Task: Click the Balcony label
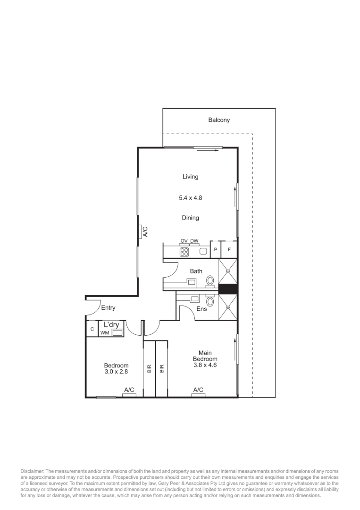tap(219, 120)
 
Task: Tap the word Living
tap(190, 177)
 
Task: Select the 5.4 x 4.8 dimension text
tap(190, 198)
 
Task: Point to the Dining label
tap(190, 218)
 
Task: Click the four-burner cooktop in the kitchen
tap(184, 252)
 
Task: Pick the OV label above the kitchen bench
tap(184, 241)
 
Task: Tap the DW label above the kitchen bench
tap(194, 241)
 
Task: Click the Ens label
tap(202, 309)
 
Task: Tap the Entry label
tap(108, 308)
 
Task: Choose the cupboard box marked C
tap(92, 329)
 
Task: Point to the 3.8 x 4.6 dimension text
tap(205, 365)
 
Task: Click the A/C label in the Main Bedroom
tap(198, 390)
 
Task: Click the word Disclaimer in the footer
tap(32, 471)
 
